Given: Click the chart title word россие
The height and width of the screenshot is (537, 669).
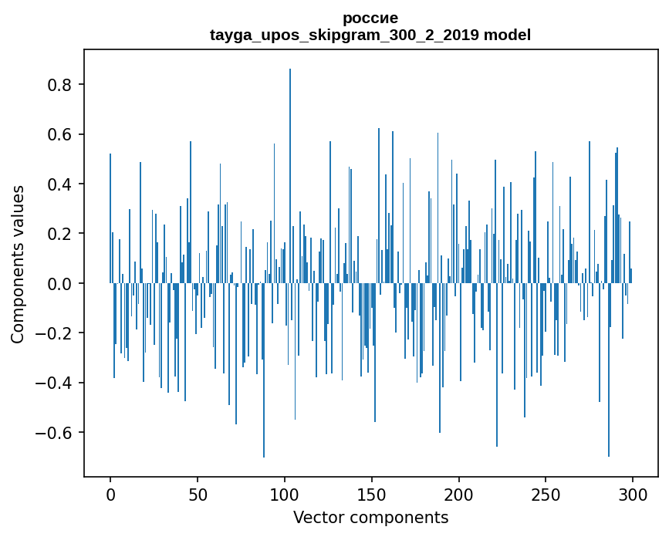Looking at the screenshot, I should [370, 18].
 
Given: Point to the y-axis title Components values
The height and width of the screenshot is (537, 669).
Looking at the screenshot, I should [17, 264].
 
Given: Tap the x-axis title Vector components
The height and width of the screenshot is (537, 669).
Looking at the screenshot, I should [370, 517].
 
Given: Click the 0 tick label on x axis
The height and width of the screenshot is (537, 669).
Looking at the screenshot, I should [110, 494].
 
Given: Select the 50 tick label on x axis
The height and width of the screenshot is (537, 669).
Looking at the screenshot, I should [198, 494].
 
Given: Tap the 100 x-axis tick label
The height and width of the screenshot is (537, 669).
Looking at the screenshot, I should [285, 494].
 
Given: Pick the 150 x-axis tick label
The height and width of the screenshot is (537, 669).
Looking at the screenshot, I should [372, 494].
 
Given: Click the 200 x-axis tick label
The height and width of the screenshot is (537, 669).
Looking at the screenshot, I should [459, 494].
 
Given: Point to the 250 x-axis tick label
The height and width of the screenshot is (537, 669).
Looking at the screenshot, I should [546, 494].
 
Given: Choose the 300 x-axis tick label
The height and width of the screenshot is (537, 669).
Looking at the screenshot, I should [633, 494].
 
